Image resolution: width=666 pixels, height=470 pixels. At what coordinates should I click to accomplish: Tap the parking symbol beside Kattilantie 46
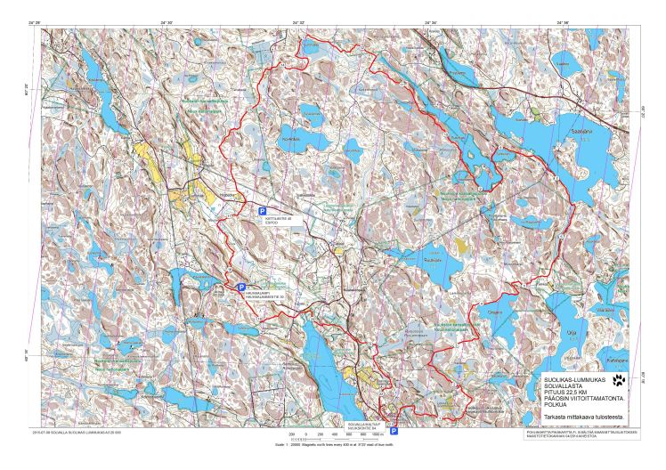(263, 211)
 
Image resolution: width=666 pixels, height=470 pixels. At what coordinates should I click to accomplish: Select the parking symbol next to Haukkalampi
(241, 288)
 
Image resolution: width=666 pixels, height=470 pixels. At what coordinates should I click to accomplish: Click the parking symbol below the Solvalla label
(394, 431)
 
